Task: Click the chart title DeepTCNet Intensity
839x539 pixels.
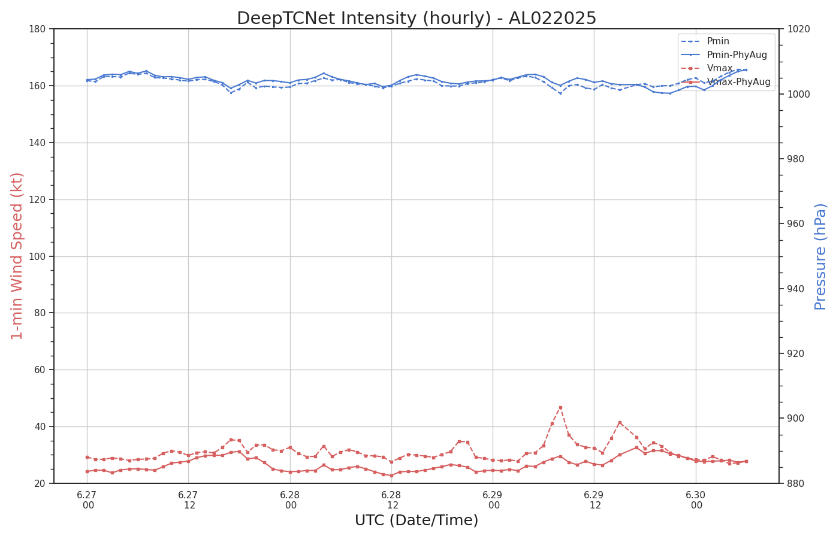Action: point(417,19)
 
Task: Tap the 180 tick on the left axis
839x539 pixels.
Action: point(40,29)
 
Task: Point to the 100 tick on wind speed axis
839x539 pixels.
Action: point(40,256)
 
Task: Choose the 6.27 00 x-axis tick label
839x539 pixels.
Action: point(87,500)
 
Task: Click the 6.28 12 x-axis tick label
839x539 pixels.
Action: point(391,500)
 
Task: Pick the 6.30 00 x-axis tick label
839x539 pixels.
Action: point(696,500)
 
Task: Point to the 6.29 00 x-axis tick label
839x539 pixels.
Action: point(493,500)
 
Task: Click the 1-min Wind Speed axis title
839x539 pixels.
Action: point(17,256)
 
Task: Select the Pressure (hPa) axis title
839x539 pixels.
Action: point(820,256)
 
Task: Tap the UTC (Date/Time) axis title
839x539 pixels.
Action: point(417,520)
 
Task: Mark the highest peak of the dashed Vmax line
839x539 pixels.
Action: point(560,407)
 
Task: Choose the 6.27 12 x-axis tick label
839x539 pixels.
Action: point(189,500)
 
